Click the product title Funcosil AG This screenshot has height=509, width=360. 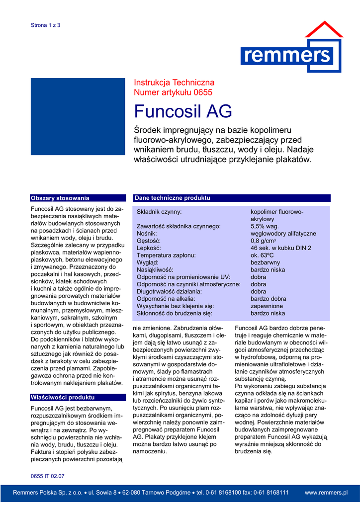(x=183, y=111)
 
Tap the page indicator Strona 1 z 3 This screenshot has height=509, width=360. (x=45, y=25)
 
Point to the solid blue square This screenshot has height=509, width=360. (x=78, y=116)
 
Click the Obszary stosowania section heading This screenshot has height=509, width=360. (x=60, y=198)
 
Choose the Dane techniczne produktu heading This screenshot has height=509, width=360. (x=173, y=198)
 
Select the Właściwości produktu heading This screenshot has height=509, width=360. (x=63, y=398)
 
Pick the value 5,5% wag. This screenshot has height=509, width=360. (x=265, y=226)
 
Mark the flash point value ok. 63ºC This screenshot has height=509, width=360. (x=264, y=255)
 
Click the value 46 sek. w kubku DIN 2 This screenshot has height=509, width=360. (x=281, y=248)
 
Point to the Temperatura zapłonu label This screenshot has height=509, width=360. (x=166, y=255)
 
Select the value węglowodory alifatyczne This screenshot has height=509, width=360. (x=283, y=234)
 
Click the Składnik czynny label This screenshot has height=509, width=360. (x=159, y=212)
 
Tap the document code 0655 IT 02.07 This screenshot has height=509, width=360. (x=48, y=476)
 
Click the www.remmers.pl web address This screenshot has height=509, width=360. (x=326, y=493)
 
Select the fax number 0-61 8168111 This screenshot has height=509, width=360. (x=271, y=493)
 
